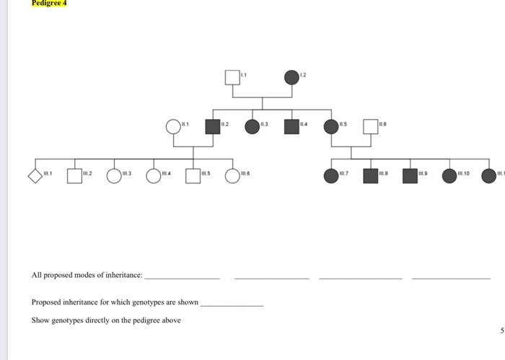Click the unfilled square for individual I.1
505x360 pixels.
click(232, 77)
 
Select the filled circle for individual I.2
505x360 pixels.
click(291, 77)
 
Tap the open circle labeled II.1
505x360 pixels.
click(173, 127)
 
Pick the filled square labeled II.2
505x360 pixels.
click(212, 127)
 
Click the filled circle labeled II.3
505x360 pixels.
click(252, 127)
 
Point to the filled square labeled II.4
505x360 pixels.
click(291, 127)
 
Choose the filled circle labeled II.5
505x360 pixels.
click(331, 127)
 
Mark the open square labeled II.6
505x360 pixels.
click(370, 127)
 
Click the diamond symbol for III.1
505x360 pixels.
click(35, 176)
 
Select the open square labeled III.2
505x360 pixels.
click(74, 176)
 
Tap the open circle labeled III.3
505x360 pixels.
click(114, 176)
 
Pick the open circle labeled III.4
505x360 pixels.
click(154, 176)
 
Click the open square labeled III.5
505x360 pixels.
click(193, 176)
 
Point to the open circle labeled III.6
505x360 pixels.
click(232, 176)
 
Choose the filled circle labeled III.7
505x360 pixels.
click(331, 176)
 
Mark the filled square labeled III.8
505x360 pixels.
click(370, 176)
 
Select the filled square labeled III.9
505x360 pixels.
click(410, 176)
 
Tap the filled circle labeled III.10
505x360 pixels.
click(449, 176)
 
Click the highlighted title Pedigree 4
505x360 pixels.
click(49, 4)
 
